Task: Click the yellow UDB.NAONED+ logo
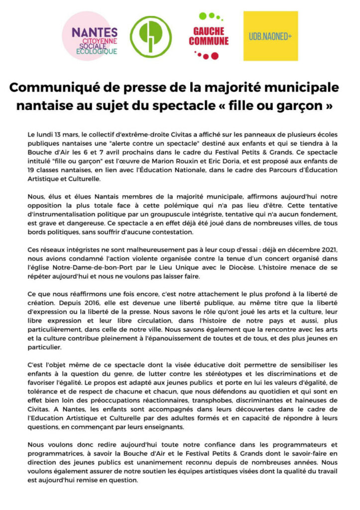pos(270,36)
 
